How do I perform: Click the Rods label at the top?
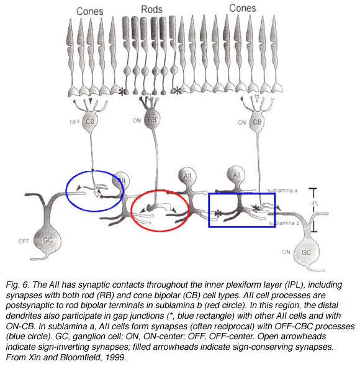point(151,9)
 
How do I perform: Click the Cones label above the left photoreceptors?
point(90,11)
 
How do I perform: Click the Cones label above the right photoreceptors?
point(243,8)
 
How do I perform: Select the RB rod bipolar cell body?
point(151,120)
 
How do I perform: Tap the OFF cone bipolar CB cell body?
point(90,121)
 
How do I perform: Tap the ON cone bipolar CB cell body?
point(257,122)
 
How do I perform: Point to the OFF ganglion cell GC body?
point(47,240)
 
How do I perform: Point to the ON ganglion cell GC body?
point(306,252)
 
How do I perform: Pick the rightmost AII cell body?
point(236,175)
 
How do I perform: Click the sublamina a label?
point(282,190)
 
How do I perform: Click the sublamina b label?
point(284,223)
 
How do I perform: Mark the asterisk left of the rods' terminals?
point(122,91)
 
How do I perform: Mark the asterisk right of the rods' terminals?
point(177,91)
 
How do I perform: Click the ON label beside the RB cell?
point(137,121)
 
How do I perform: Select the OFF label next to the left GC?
point(24,241)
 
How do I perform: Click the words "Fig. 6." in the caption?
point(17,285)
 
